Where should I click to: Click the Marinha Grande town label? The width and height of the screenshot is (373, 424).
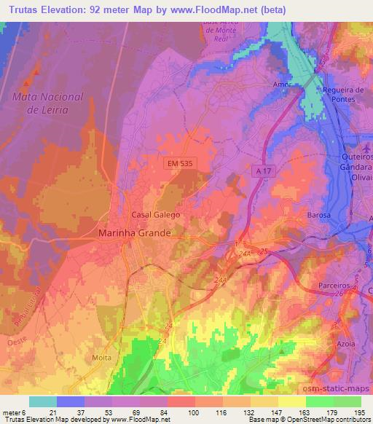coord(135,233)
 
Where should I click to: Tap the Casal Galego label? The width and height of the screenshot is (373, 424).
coord(155,216)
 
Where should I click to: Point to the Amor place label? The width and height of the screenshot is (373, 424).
coord(283,85)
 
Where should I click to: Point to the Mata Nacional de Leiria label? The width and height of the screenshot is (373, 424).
coord(50,103)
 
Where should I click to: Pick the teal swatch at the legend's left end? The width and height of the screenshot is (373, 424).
coord(42,401)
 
